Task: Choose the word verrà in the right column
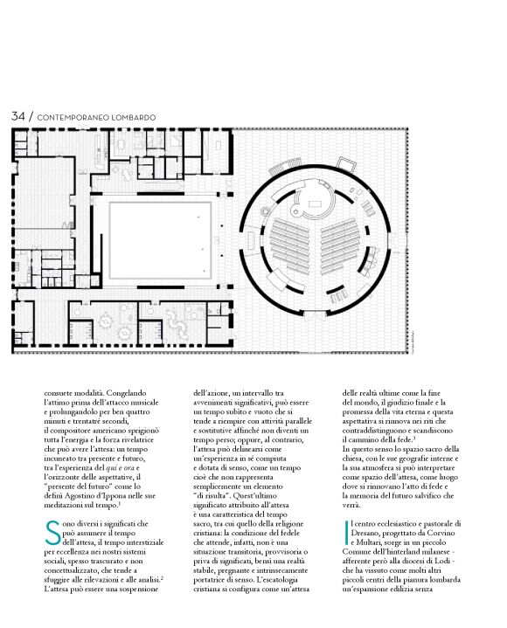coord(353,507)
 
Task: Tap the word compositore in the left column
coord(66,435)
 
